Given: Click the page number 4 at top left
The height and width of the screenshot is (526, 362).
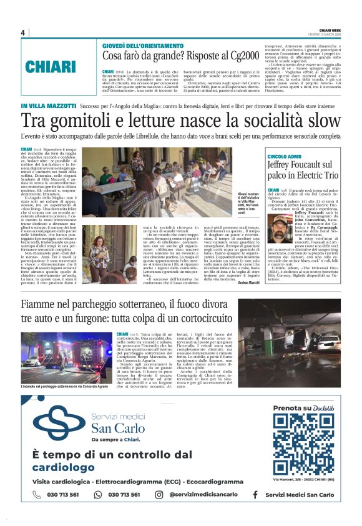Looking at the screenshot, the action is (22, 32).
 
